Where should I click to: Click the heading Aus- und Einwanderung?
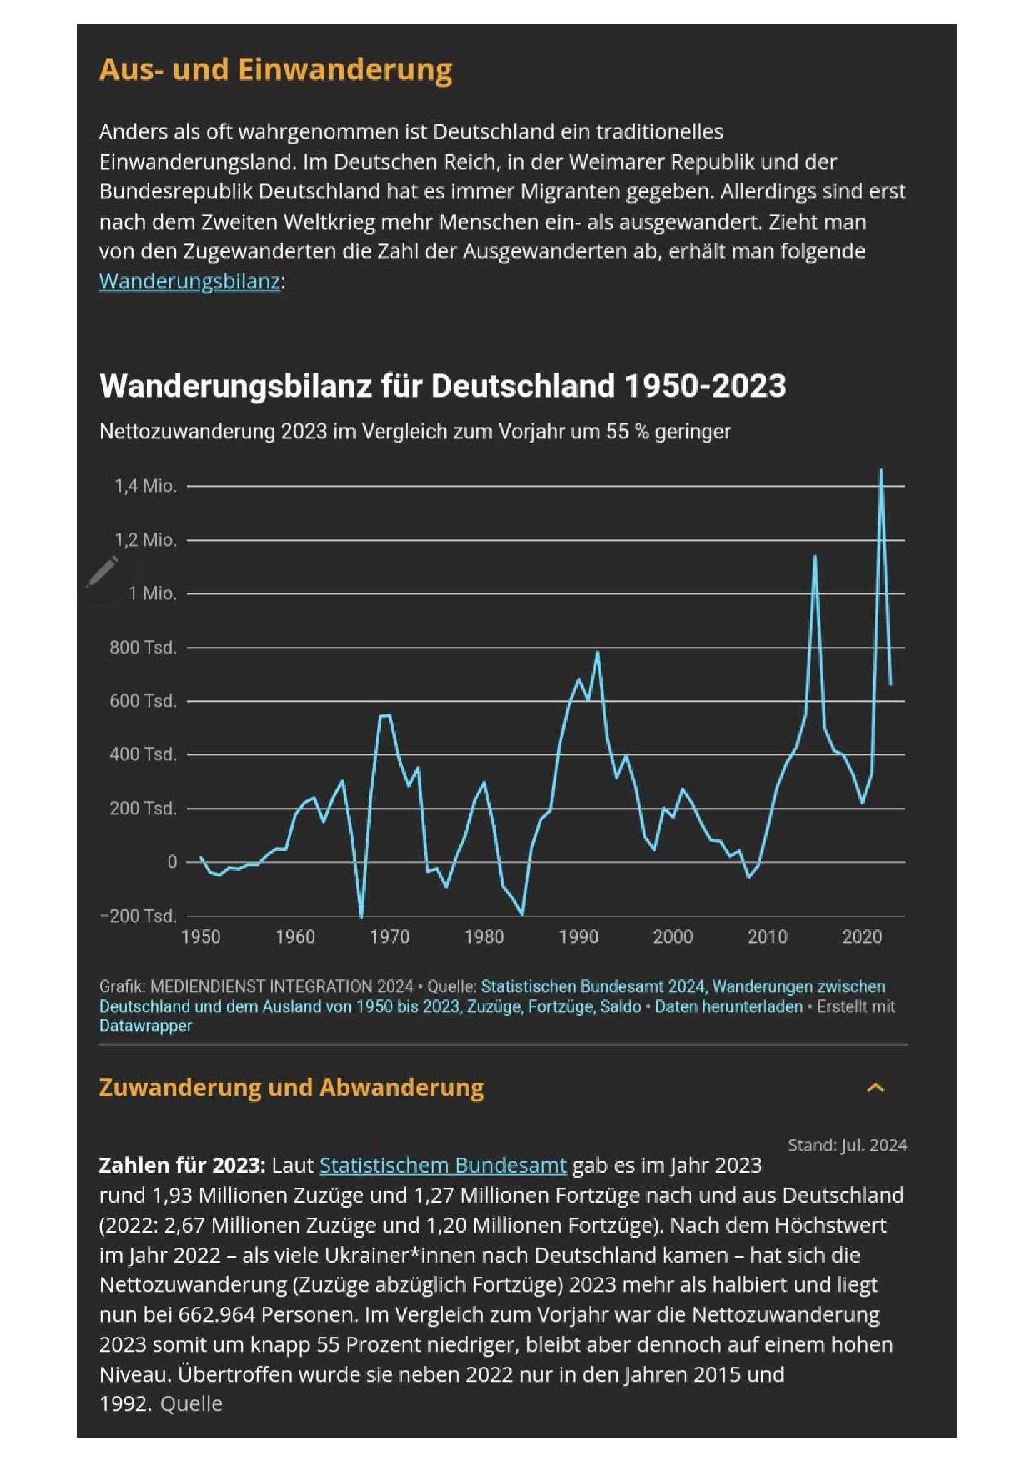pos(276,69)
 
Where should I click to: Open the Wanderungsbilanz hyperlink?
pos(189,281)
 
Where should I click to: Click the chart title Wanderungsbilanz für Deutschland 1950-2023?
pos(443,385)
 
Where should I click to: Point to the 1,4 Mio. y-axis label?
pos(146,486)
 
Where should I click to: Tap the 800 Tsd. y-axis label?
pos(143,647)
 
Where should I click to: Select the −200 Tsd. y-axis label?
pos(138,916)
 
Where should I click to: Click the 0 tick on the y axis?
pos(172,861)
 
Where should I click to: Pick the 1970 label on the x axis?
pos(389,937)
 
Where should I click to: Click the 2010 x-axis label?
pos(767,937)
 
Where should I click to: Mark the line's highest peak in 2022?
pos(881,470)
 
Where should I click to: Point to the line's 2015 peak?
pos(815,556)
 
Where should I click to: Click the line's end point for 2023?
pos(890,684)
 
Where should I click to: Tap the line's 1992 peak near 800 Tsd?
pos(598,653)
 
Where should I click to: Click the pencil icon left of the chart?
pos(103,571)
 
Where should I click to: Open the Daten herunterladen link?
pos(729,1006)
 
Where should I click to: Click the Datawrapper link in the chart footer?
pos(145,1026)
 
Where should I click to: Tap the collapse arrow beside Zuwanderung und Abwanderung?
pos(876,1088)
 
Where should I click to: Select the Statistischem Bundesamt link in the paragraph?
pos(443,1164)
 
